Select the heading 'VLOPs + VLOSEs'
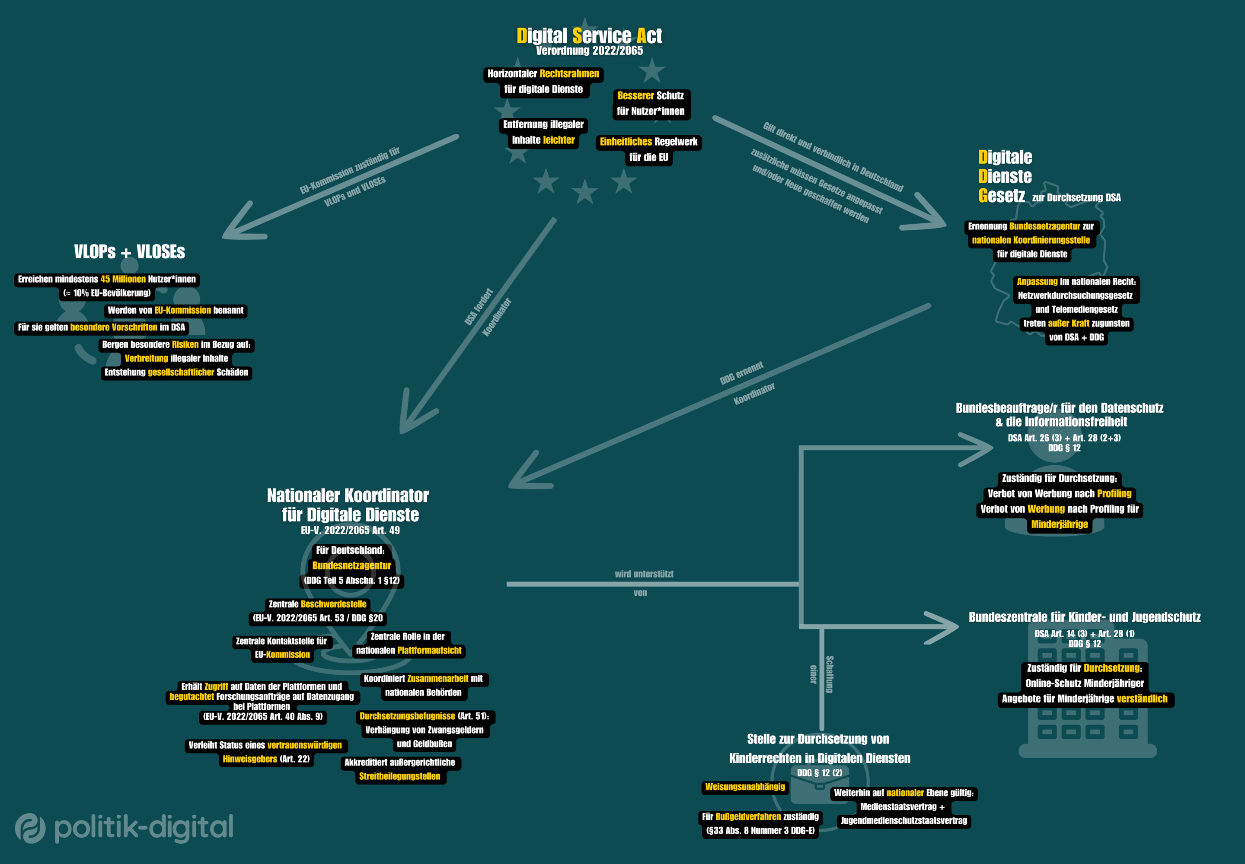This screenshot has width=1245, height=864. [130, 252]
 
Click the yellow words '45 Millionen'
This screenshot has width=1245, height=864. [123, 280]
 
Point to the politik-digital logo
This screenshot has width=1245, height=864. [124, 828]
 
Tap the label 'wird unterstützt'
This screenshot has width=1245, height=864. [644, 574]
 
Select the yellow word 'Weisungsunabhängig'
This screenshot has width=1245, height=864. [744, 787]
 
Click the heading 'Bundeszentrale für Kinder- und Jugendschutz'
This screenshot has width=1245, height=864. [1084, 617]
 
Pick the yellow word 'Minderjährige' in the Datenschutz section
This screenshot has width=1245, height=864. [1059, 524]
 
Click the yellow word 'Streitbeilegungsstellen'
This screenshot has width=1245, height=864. [399, 776]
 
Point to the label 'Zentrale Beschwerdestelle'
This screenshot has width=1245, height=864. [317, 604]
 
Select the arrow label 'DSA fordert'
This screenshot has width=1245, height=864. [479, 307]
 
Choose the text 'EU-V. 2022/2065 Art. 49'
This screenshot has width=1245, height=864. [350, 530]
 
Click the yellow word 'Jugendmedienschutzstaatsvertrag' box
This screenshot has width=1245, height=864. [903, 821]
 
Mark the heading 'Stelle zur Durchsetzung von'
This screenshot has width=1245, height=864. [817, 739]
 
